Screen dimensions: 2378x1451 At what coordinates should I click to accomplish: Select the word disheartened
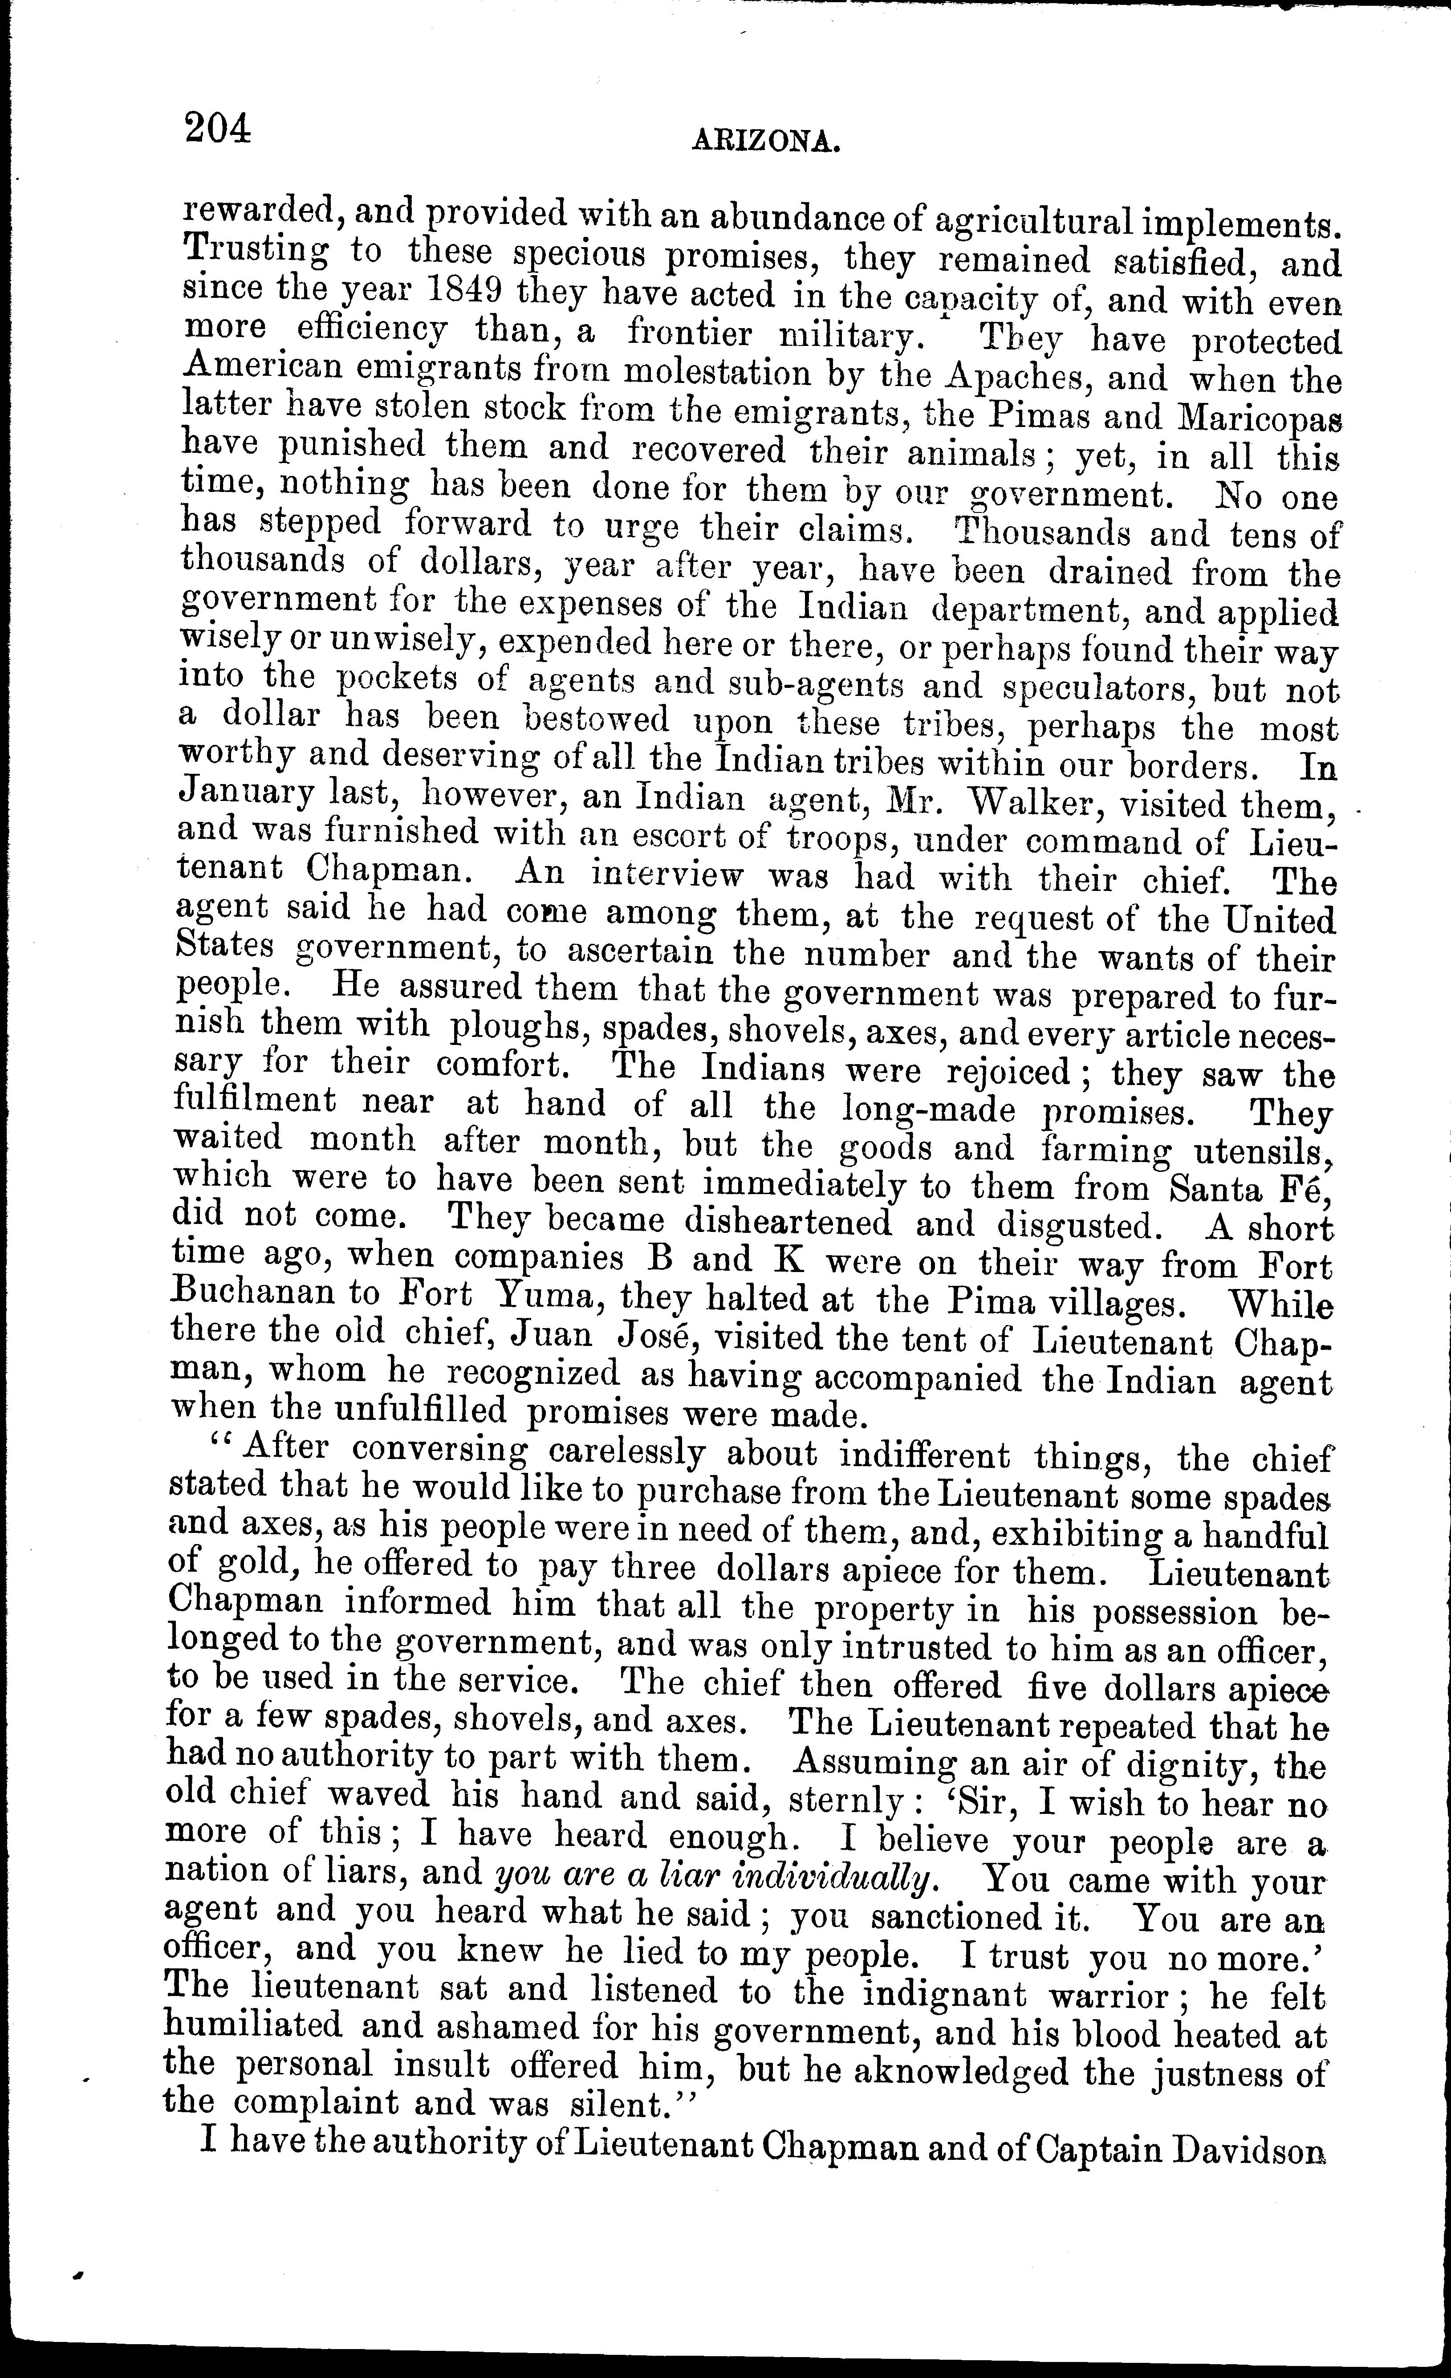tap(787, 1224)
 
